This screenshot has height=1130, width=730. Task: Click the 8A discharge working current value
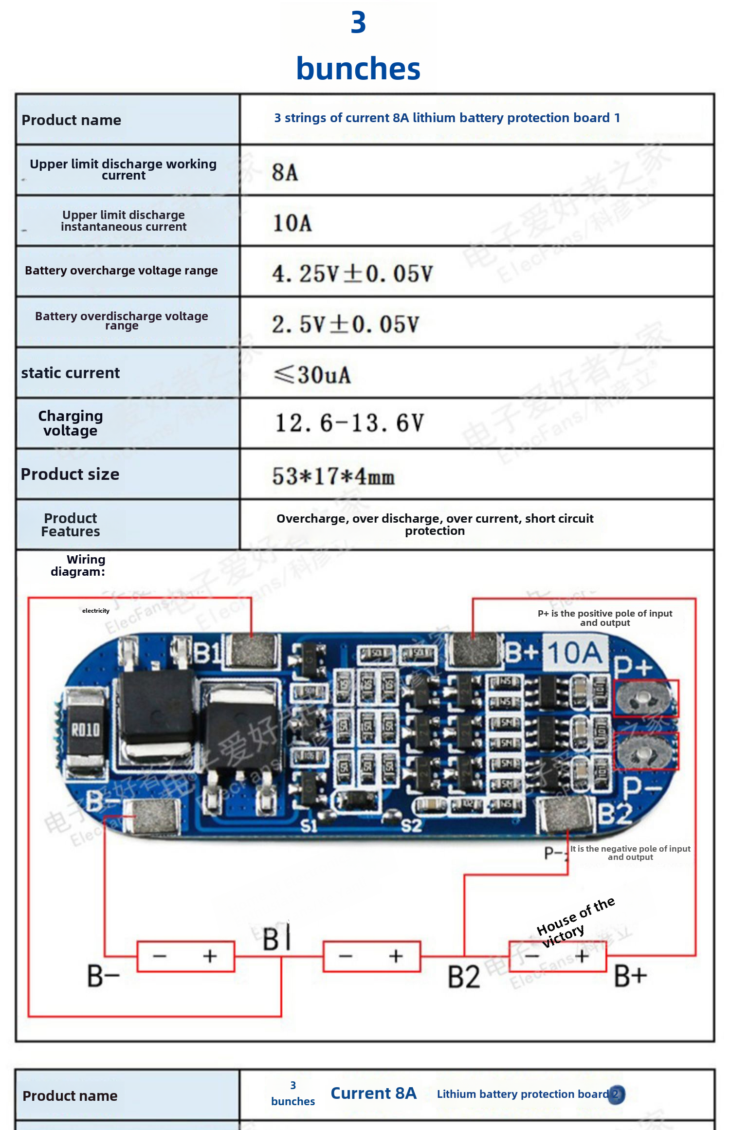285,172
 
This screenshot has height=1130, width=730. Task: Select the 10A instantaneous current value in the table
292,223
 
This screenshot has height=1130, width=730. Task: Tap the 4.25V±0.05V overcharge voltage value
352,273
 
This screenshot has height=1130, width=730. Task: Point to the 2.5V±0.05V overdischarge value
345,325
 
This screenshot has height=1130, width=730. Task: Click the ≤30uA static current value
312,375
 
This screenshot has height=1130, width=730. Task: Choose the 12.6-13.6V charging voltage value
349,423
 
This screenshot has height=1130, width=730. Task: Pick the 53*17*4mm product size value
333,476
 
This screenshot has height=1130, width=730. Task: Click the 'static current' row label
71,373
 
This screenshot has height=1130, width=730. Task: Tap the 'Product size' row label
70,474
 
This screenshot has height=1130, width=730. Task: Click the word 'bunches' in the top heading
358,69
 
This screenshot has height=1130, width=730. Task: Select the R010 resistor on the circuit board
86,729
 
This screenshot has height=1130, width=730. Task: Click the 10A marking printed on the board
575,653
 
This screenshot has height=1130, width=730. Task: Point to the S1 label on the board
309,826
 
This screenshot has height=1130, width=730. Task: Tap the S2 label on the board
411,826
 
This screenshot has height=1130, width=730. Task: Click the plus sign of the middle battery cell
396,956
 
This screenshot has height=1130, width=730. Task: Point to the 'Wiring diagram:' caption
78,565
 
